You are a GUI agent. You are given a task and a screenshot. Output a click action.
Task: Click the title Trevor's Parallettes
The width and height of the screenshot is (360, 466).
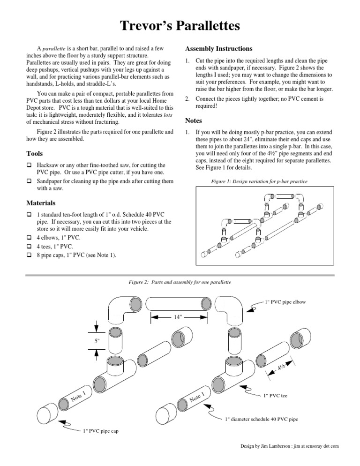pos(180,26)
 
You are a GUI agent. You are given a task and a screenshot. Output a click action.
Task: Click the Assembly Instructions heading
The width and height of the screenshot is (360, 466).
pos(218,49)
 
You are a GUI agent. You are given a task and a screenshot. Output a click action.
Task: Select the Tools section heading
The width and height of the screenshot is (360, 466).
pos(35,154)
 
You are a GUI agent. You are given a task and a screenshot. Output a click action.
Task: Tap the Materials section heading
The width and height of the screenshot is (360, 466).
pos(41,203)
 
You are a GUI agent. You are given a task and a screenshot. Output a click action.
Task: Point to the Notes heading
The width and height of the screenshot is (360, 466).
pos(193,120)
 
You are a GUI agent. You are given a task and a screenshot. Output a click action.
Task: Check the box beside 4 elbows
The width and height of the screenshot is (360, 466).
pos(29,238)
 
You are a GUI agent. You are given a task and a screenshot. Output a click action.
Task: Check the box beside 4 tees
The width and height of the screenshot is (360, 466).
pos(29,247)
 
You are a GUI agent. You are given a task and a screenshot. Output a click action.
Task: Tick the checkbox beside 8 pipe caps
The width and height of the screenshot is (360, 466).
pos(29,255)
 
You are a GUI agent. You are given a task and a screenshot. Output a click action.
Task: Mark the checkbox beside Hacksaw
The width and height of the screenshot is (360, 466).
pos(29,165)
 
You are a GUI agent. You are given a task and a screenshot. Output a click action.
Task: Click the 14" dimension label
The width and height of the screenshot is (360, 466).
pos(178,317)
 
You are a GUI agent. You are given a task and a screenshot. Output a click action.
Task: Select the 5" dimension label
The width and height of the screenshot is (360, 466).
pos(97,341)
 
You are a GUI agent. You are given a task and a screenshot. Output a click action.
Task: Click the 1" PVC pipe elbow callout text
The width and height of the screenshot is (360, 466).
pos(285,302)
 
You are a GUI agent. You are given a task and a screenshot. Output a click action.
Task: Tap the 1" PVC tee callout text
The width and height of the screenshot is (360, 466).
pos(275,396)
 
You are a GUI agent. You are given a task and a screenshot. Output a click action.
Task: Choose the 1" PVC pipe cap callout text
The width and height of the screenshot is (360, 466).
pos(100,431)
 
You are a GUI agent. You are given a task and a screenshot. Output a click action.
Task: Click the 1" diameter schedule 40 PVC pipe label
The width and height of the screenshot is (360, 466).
pos(261,419)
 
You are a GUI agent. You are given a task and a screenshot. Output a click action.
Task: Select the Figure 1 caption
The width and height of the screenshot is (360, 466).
pos(259,181)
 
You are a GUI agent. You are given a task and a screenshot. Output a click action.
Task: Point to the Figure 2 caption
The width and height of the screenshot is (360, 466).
pos(180,282)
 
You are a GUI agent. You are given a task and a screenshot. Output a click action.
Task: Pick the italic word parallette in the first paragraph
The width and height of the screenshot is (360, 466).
pos(54,49)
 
